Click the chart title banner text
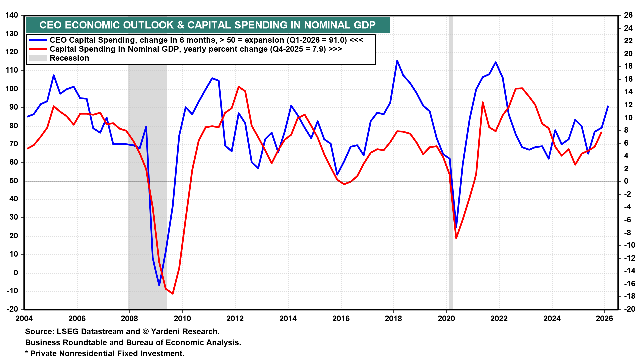point(207,25)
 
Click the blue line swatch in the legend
point(37,40)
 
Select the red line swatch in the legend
point(37,49)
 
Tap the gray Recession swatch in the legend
point(37,58)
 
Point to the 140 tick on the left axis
point(12,15)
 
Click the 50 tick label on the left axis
point(13,181)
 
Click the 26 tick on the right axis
point(628,15)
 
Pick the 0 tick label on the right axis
point(626,181)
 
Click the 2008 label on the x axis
point(129,318)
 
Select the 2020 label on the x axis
point(446,318)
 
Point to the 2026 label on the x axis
point(604,318)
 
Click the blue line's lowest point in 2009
point(159,285)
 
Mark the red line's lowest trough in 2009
point(172,294)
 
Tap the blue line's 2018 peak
point(397,61)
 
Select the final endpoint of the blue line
point(608,106)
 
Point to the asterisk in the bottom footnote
point(27,353)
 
